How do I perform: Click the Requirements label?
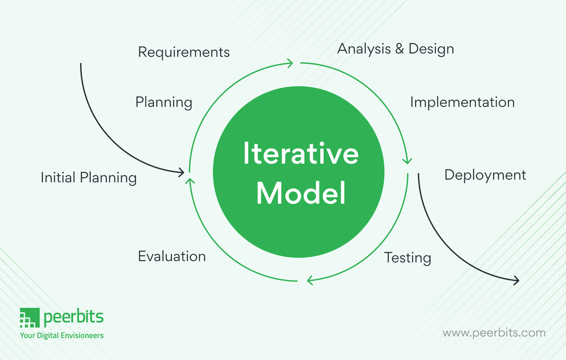pyautogui.click(x=184, y=53)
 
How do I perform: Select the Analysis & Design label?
pyautogui.click(x=396, y=49)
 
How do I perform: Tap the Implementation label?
pyautogui.click(x=462, y=102)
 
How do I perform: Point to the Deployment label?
pyautogui.click(x=485, y=175)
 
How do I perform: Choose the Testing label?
pyautogui.click(x=408, y=258)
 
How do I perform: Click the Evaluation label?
pyautogui.click(x=172, y=256)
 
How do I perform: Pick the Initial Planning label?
pyautogui.click(x=89, y=178)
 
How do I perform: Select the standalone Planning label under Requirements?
pyautogui.click(x=164, y=102)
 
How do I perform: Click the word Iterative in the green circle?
pyautogui.click(x=300, y=153)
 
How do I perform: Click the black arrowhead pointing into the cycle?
pyautogui.click(x=181, y=171)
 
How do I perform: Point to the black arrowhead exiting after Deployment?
pyautogui.click(x=516, y=280)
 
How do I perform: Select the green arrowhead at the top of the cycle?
pyautogui.click(x=290, y=63)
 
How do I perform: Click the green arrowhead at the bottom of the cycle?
pyautogui.click(x=310, y=280)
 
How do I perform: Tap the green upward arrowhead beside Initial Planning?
pyautogui.click(x=190, y=180)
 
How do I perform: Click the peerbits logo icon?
pyautogui.click(x=30, y=318)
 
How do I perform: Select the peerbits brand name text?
pyautogui.click(x=73, y=317)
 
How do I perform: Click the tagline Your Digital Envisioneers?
pyautogui.click(x=61, y=335)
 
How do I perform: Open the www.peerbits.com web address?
pyautogui.click(x=494, y=332)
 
